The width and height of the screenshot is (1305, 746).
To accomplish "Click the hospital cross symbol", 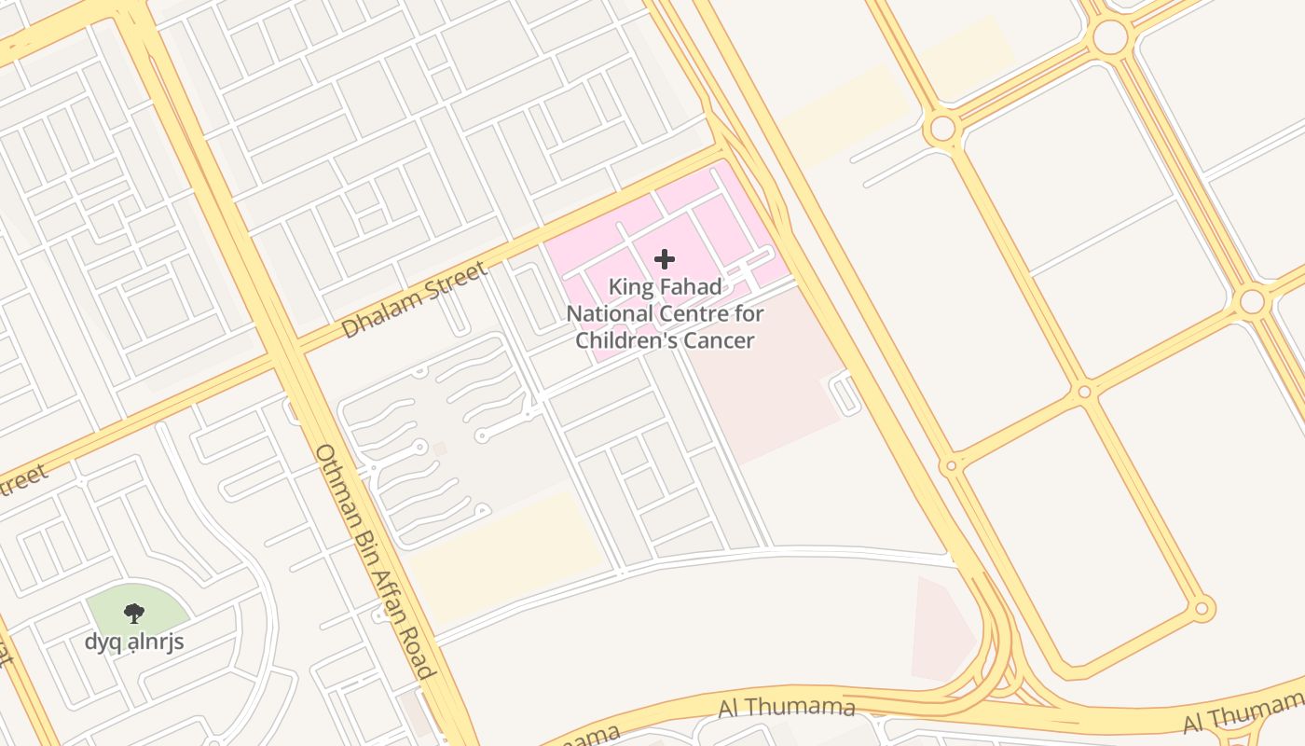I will tap(665, 259).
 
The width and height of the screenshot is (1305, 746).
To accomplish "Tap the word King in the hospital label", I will tap(630, 287).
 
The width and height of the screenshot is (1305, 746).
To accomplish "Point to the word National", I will tap(610, 313).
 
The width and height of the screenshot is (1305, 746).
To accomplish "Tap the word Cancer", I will tap(719, 340).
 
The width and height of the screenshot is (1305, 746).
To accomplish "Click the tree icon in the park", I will tap(134, 613).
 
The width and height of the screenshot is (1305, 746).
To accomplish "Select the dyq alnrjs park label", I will tap(134, 642).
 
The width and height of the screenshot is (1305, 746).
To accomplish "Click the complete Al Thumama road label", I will tap(786, 708).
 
